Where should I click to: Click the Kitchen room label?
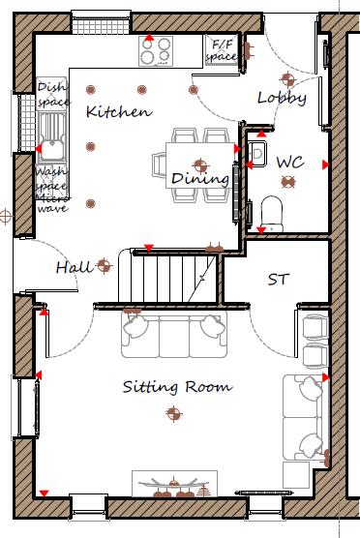coord(119,111)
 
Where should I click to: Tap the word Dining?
coord(200,179)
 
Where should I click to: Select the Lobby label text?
coord(282,98)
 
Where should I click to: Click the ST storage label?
coord(279,280)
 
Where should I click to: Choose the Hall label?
coord(74,267)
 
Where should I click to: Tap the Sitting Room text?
coord(177,387)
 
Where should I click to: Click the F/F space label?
coord(224,50)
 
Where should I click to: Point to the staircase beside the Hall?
coord(174,279)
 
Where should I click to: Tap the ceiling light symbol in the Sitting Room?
coord(173,414)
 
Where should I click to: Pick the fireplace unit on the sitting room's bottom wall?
coord(175,483)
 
